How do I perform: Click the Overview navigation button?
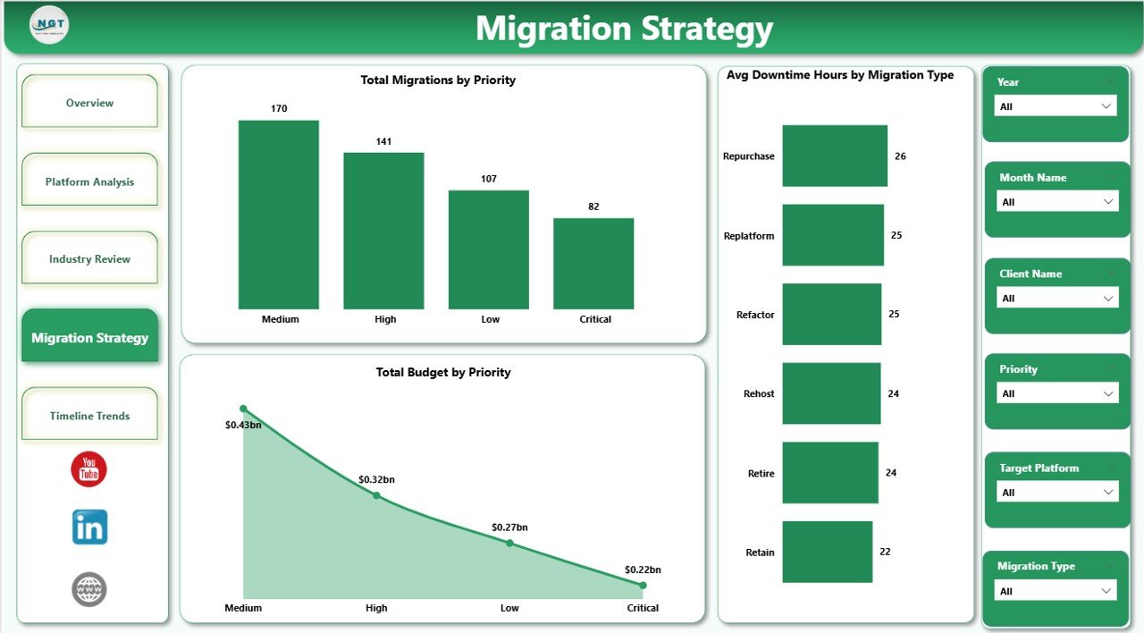89,102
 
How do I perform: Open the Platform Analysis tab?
89,181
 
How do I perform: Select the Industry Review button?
89,258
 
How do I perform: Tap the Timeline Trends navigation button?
89,415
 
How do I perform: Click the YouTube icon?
89,469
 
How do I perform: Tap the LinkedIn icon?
89,527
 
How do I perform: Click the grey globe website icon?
89,589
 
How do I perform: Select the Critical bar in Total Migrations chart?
593,264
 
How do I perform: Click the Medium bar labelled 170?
278,215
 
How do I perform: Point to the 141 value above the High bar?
383,141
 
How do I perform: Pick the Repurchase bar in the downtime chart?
835,156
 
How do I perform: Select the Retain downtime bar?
827,552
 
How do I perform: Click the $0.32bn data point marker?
376,494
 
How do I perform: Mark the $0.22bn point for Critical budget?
643,585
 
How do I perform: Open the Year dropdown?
1056,106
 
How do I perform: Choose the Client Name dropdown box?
1056,298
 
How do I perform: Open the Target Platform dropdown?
1056,492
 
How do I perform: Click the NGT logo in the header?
49,25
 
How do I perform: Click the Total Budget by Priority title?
443,372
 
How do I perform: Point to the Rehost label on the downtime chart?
759,393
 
